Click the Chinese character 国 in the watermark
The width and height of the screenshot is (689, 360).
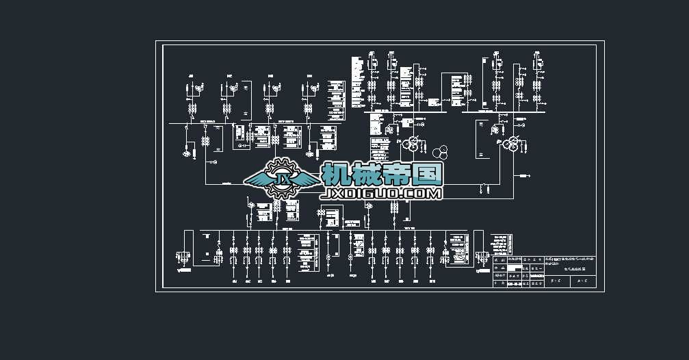428,175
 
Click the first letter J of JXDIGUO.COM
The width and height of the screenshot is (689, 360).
325,194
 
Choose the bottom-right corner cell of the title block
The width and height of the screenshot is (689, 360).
583,281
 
